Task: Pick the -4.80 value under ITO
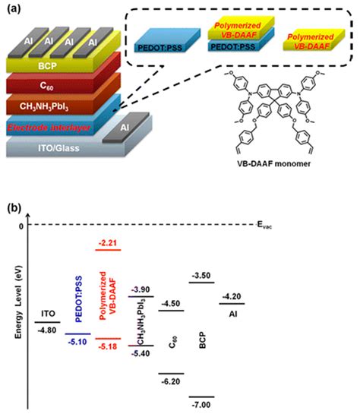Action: point(48,330)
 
